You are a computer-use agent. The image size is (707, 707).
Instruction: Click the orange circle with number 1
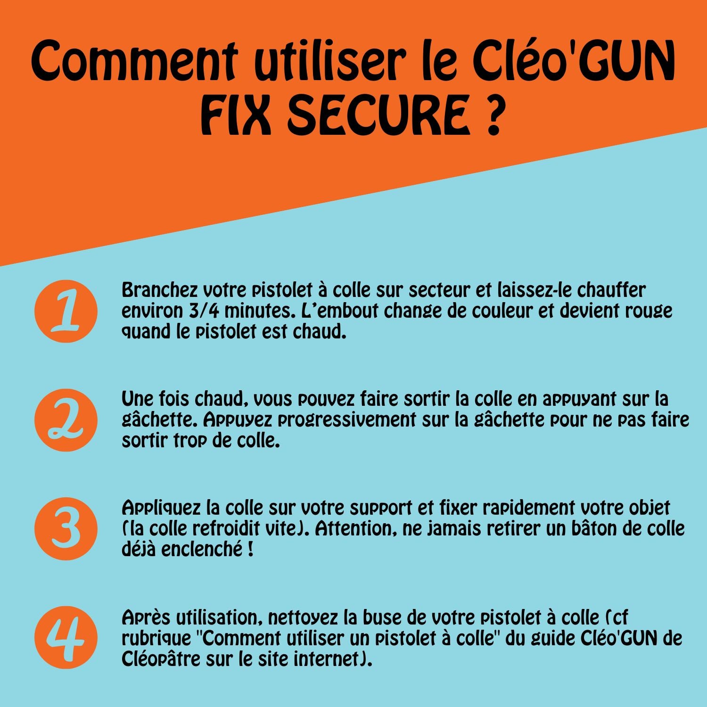click(x=66, y=311)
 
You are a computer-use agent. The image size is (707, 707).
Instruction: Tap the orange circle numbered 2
click(x=66, y=420)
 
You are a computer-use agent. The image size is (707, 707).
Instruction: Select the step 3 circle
click(x=66, y=529)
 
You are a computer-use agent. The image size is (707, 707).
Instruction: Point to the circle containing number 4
click(x=66, y=637)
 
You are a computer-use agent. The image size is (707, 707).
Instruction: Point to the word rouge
click(x=649, y=311)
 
